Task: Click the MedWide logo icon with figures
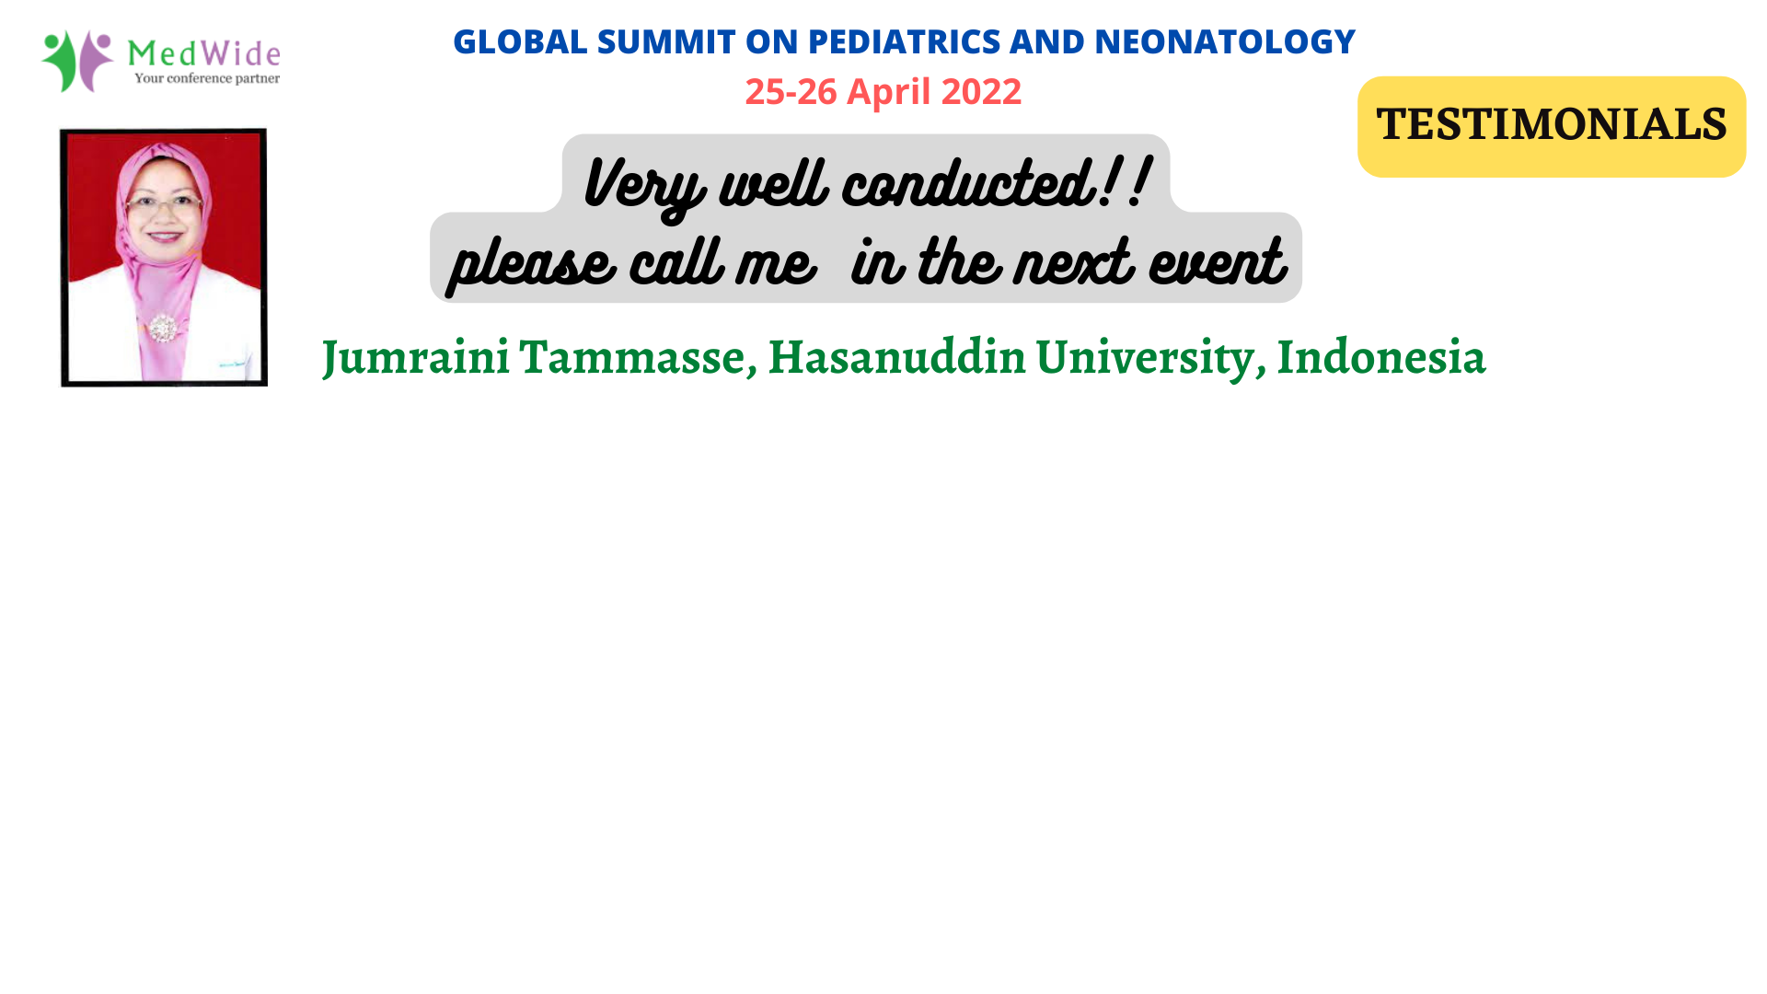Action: coord(77,61)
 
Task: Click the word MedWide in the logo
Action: coord(203,52)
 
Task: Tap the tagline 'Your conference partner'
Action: coord(207,78)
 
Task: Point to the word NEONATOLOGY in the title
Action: coord(1224,41)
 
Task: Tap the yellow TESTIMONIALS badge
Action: coord(1552,126)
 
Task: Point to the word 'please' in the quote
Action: coord(531,265)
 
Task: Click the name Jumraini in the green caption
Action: coord(415,357)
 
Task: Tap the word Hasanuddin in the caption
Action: coord(896,356)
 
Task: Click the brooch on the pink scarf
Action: coord(162,327)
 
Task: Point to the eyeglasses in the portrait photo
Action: coord(164,203)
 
